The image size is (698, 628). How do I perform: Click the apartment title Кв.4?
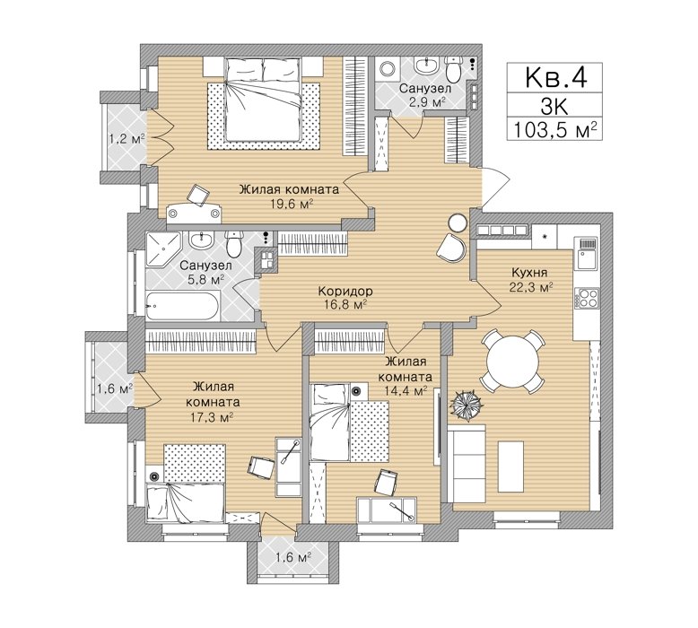(x=555, y=77)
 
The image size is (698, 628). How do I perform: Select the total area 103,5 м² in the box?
(x=554, y=130)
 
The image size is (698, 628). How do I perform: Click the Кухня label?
(x=529, y=272)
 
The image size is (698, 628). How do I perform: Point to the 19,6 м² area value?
(x=292, y=205)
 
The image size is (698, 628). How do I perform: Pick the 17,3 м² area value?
(x=213, y=417)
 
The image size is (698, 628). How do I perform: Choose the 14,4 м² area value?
(x=405, y=391)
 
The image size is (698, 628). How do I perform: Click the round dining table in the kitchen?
(x=512, y=361)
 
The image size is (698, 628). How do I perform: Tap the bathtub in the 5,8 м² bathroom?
(x=182, y=305)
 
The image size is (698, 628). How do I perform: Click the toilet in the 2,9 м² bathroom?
(x=454, y=69)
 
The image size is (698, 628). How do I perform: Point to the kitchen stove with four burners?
(x=587, y=298)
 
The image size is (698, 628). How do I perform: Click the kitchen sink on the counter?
(x=587, y=254)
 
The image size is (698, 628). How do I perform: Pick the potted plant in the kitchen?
(x=466, y=405)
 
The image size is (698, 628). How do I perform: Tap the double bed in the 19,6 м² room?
(x=262, y=99)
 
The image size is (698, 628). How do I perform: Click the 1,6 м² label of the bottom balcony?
(x=292, y=557)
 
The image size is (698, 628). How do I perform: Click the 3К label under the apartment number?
(x=554, y=107)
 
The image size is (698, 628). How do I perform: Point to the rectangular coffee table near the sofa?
(x=510, y=465)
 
